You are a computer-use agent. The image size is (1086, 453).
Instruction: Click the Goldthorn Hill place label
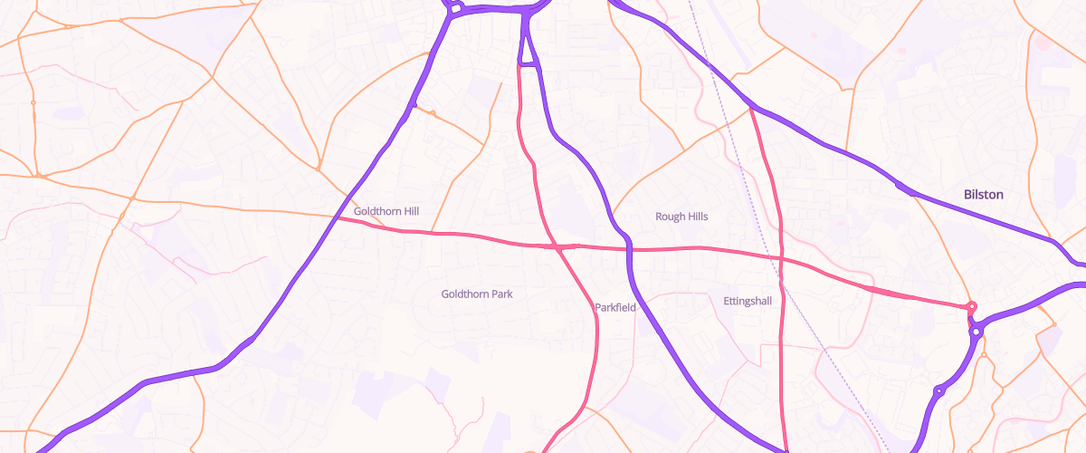386,211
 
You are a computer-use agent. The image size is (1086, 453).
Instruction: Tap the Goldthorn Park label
477,294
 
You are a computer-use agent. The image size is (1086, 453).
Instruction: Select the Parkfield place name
616,308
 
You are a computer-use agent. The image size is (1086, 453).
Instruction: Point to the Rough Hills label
681,217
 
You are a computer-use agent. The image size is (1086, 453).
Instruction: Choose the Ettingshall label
748,301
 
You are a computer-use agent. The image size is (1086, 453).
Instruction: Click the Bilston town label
984,195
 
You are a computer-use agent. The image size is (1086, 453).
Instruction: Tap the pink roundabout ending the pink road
972,307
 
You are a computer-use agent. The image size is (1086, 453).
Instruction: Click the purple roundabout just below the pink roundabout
976,333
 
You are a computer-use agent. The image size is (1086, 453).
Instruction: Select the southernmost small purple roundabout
939,391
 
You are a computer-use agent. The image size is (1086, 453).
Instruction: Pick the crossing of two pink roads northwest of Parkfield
557,246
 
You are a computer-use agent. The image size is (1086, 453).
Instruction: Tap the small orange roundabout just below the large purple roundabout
1054,324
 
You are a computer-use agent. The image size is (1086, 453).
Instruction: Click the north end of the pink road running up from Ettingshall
752,110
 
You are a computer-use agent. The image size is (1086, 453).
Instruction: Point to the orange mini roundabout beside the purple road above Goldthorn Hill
433,113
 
